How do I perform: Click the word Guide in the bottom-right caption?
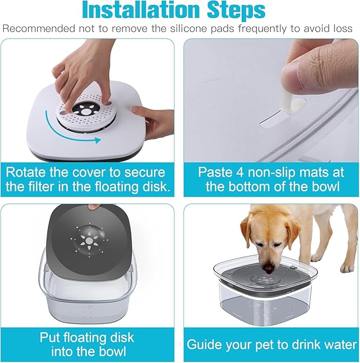pyautogui.click(x=204, y=345)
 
